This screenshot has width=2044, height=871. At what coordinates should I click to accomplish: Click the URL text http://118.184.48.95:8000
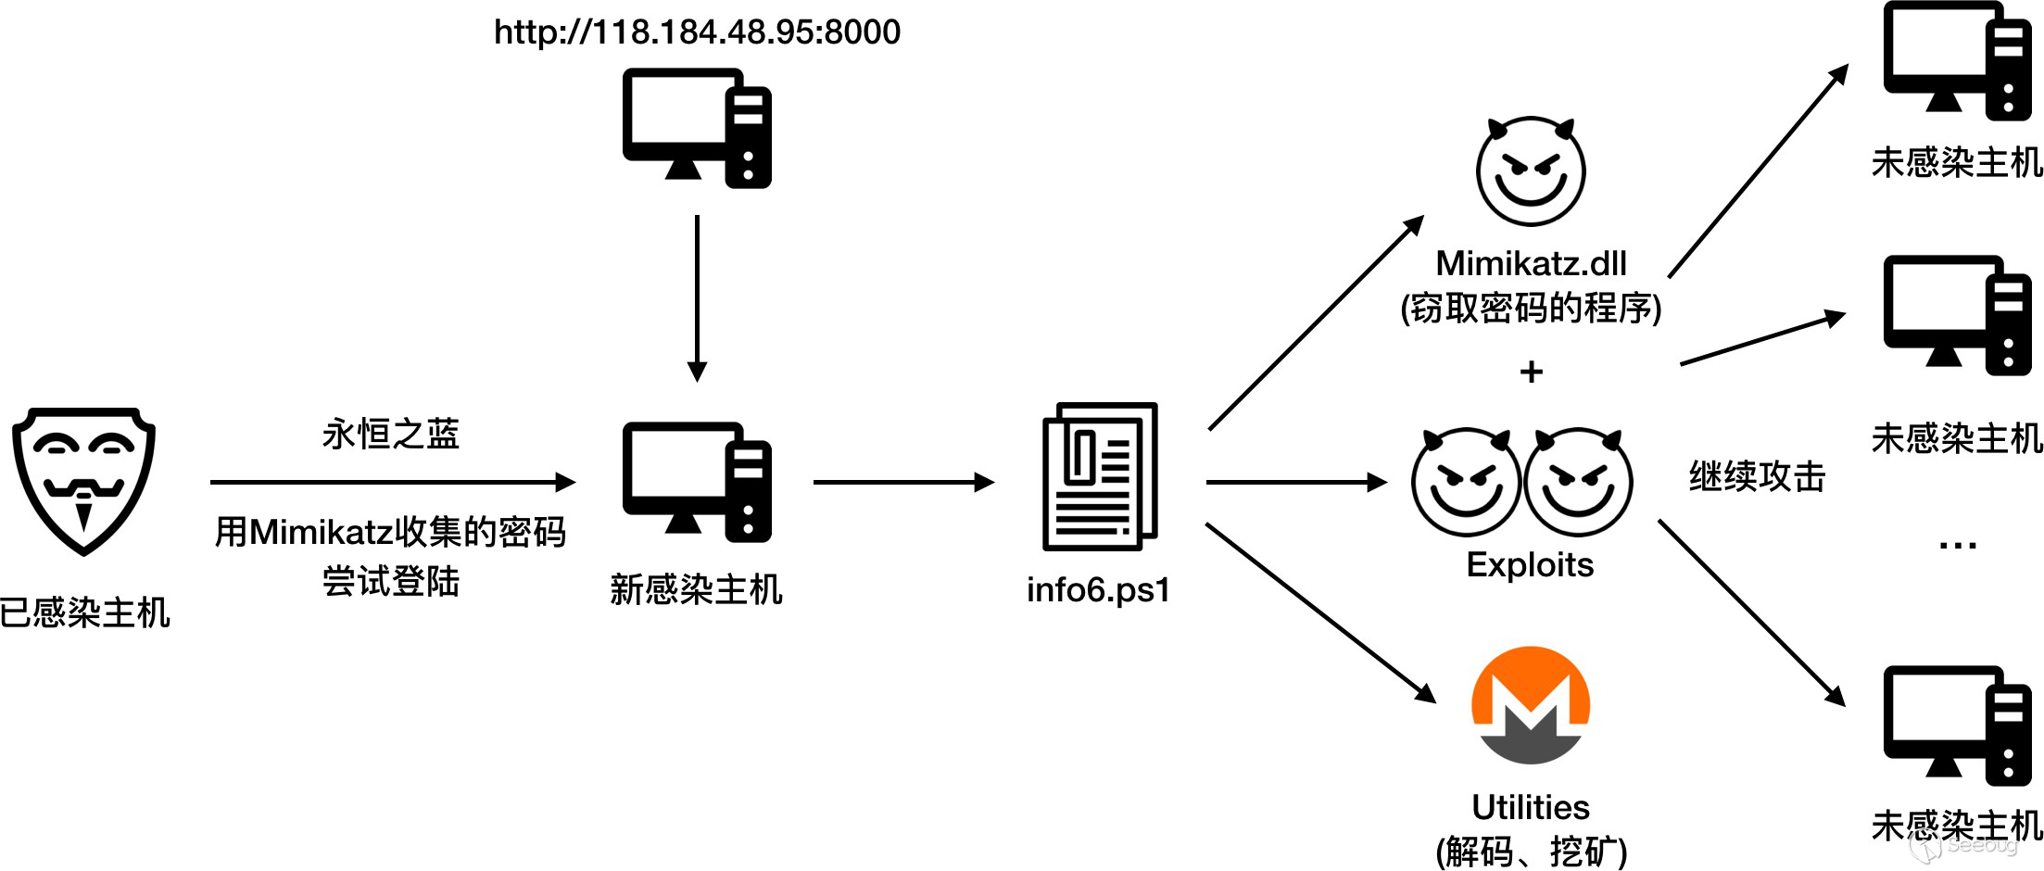(x=697, y=32)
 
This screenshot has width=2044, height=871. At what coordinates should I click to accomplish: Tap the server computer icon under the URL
(x=697, y=128)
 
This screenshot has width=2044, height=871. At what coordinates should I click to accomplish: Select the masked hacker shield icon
(x=83, y=480)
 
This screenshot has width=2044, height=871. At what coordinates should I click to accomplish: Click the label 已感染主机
(x=85, y=612)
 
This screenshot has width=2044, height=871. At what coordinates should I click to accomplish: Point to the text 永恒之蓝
(x=391, y=434)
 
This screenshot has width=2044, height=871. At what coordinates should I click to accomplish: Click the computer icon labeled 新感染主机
(x=697, y=482)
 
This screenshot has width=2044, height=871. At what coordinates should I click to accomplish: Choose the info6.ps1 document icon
(x=1100, y=476)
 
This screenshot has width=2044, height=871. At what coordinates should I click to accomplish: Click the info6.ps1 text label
(x=1098, y=589)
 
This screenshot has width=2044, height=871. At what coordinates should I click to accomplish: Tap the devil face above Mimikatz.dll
(x=1531, y=171)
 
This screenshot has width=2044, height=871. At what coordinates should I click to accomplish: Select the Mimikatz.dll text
(x=1531, y=264)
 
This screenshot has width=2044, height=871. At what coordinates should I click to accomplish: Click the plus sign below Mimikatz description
(x=1532, y=372)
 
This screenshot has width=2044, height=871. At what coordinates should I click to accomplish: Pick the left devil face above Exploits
(x=1466, y=482)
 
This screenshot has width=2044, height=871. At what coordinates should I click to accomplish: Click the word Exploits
(x=1530, y=564)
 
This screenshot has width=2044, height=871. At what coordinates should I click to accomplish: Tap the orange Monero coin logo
(x=1531, y=705)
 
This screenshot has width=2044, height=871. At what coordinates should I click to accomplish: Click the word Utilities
(x=1531, y=807)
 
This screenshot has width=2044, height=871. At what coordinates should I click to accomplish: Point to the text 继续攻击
(x=1757, y=476)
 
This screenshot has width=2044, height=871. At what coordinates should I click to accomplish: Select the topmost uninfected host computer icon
(x=1957, y=61)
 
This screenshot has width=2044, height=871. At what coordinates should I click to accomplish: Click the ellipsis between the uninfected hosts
(x=1957, y=546)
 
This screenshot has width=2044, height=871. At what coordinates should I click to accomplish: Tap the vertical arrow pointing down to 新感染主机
(x=697, y=297)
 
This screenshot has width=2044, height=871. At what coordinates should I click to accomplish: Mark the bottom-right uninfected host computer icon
(x=1957, y=726)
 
